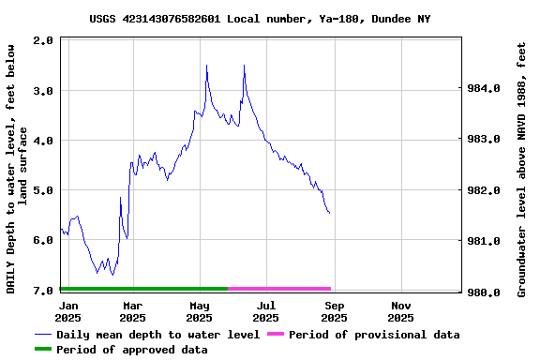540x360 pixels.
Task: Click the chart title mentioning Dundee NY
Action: [261, 19]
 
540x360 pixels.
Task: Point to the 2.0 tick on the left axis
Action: [43, 41]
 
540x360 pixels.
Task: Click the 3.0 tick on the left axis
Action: [43, 91]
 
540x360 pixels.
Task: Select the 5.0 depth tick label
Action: [43, 190]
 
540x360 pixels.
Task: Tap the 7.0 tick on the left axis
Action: [43, 291]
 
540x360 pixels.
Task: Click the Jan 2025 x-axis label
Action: [67, 311]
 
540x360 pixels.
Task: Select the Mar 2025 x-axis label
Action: [133, 311]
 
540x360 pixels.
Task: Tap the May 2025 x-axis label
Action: [199, 311]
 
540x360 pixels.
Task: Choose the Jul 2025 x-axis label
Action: [266, 311]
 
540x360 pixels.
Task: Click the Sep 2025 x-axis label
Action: [334, 311]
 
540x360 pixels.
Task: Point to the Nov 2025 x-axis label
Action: [401, 311]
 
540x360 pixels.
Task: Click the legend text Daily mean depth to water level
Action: [157, 335]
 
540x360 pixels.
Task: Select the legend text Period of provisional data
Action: [374, 335]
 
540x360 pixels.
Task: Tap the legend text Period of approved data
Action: [131, 350]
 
